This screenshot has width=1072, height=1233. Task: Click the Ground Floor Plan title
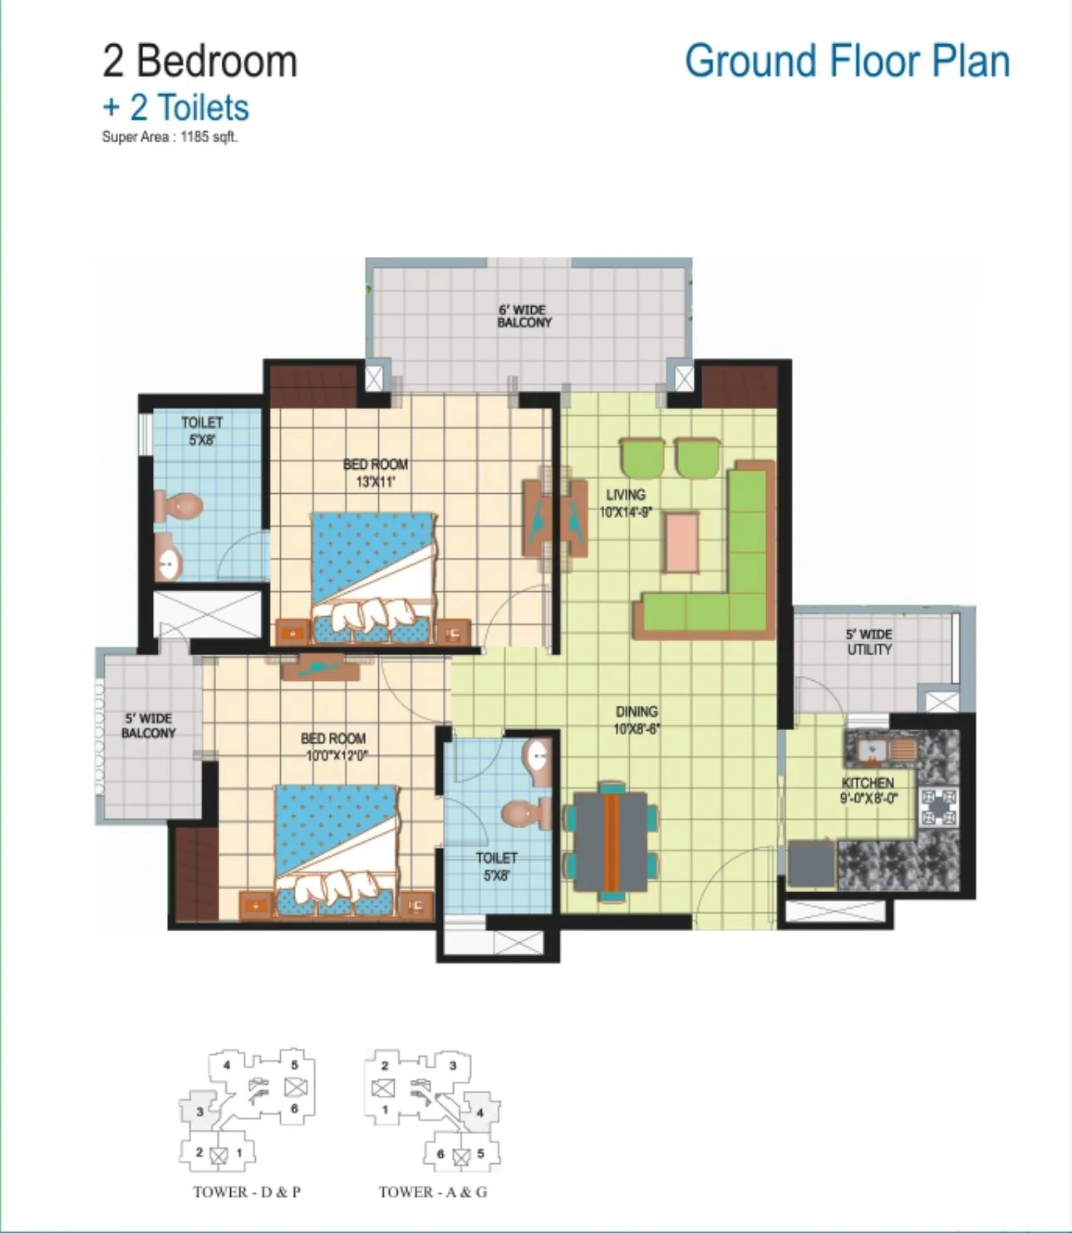[x=848, y=62]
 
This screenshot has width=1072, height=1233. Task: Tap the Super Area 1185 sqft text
[x=170, y=137]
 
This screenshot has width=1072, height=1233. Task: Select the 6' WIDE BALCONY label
[x=524, y=317]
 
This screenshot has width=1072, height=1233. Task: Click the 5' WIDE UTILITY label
[x=869, y=642]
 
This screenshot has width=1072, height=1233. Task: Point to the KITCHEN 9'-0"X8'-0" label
[x=868, y=791]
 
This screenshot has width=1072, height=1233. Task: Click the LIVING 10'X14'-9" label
[x=626, y=503]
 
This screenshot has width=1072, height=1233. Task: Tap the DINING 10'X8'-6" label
[x=637, y=720]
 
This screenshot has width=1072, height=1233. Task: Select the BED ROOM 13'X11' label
[x=376, y=473]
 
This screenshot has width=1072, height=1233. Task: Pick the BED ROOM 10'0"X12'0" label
[x=333, y=747]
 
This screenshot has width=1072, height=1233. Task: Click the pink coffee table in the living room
[x=681, y=543]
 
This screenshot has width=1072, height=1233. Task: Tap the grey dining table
[x=611, y=842]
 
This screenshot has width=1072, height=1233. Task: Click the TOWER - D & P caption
[x=246, y=1192]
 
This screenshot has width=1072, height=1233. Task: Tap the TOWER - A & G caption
[x=432, y=1192]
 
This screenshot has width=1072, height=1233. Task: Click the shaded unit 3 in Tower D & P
[x=199, y=1110]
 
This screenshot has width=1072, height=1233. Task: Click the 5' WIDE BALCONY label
[x=148, y=726]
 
